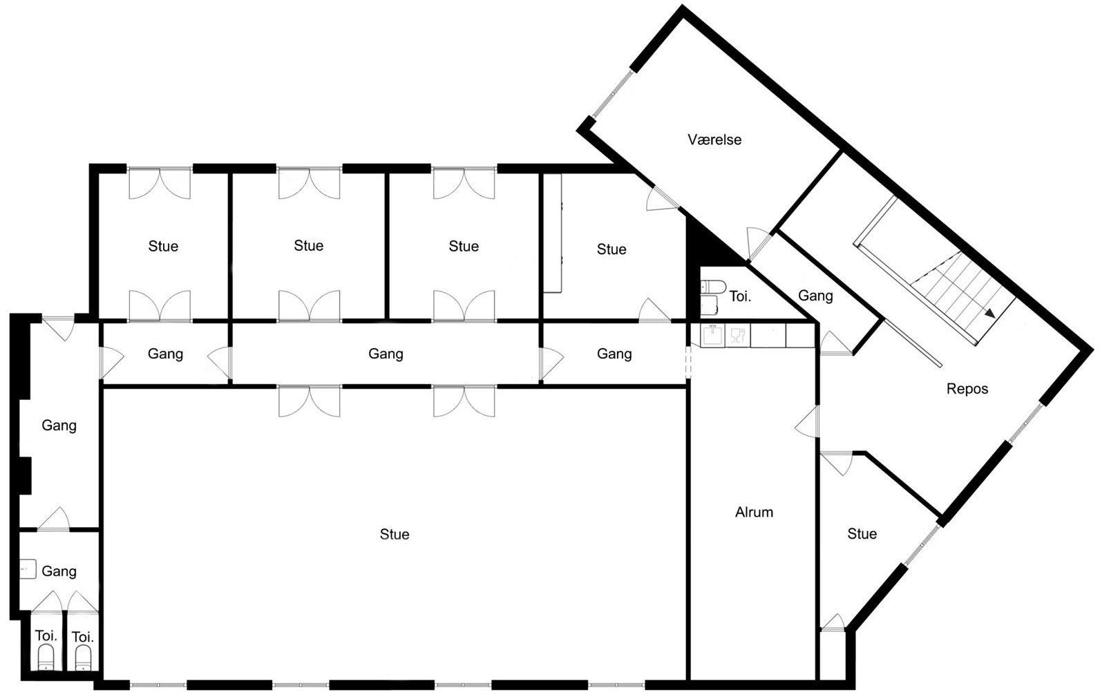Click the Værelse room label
point(714,140)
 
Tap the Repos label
point(967,389)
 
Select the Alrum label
point(754,512)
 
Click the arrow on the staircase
point(990,313)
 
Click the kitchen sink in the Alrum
point(712,336)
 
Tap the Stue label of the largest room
point(395,534)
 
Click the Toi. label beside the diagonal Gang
point(740,296)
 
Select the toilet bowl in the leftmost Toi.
point(46,657)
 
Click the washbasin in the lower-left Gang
point(28,569)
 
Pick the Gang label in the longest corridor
point(386,354)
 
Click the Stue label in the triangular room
point(862,534)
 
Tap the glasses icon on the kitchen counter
point(737,336)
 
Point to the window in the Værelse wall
point(613,94)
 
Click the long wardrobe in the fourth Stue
point(553,233)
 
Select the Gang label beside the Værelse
point(815,296)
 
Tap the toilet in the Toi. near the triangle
point(713,286)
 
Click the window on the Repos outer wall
point(1025,422)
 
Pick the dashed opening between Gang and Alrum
point(688,362)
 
